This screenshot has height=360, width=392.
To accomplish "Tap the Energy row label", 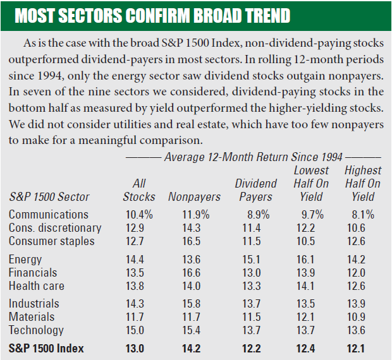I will [25, 260].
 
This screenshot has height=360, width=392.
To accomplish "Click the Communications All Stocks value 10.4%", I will [139, 215].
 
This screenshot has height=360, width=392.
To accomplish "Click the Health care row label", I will [37, 286].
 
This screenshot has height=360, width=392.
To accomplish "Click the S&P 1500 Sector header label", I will [49, 197].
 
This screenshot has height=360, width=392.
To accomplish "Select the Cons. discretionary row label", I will [55, 228].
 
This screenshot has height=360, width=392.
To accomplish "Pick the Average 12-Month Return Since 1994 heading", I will [254, 157].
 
